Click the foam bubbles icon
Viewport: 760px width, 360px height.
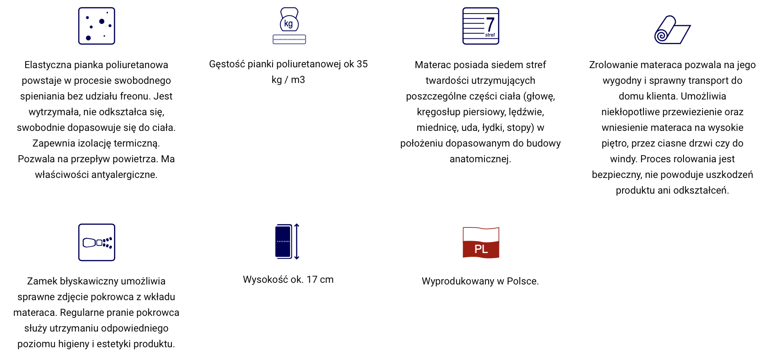tap(97, 26)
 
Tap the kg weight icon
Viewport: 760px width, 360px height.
tap(289, 26)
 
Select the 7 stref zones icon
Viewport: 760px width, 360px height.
tap(481, 26)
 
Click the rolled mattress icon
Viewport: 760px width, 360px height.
tap(672, 30)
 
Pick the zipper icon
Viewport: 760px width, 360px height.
tap(97, 242)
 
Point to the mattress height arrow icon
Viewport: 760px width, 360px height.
tap(287, 242)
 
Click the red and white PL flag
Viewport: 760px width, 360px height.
tap(481, 243)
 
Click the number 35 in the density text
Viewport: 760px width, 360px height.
tap(362, 64)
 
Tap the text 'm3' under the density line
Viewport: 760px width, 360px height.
tap(298, 80)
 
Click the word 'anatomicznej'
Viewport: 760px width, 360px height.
tap(480, 159)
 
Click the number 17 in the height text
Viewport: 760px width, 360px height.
tap(312, 280)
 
